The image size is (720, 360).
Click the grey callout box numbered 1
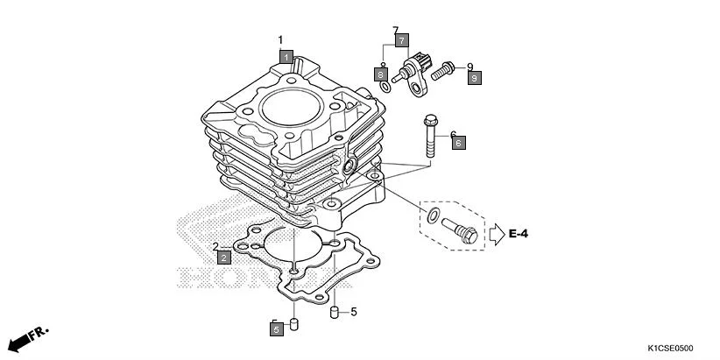[286, 56]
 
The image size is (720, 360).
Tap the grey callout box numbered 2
[224, 258]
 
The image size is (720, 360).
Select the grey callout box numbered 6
[458, 142]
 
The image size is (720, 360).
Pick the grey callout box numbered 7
[400, 41]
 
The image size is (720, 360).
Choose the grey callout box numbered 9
[473, 79]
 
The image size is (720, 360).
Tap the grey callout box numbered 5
[276, 329]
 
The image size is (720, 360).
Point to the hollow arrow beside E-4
[496, 233]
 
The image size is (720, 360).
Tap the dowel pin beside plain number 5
[334, 312]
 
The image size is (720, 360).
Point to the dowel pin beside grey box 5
[295, 325]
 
